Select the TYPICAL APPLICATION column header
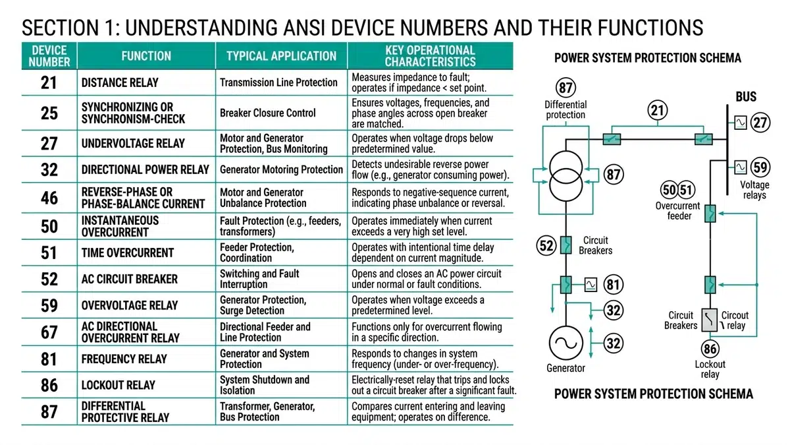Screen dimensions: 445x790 [x=281, y=56]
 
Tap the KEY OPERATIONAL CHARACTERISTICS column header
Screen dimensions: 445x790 [x=430, y=56]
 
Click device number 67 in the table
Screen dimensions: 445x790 [x=49, y=332]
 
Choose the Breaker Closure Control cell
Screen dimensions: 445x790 [x=268, y=113]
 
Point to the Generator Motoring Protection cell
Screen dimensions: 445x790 [x=281, y=169]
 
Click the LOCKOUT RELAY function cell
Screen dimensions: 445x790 [x=118, y=384]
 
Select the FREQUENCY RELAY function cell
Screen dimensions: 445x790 [x=124, y=359]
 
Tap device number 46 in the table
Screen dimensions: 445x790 [x=49, y=197]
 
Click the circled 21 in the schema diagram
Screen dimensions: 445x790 [x=658, y=110]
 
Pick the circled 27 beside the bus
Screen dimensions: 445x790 [x=760, y=123]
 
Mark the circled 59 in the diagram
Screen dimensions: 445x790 [x=760, y=167]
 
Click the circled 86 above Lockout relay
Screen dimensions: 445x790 [x=710, y=349]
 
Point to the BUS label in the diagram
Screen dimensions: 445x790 [x=746, y=97]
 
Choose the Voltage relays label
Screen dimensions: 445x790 [x=754, y=191]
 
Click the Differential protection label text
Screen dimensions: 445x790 [x=565, y=109]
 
